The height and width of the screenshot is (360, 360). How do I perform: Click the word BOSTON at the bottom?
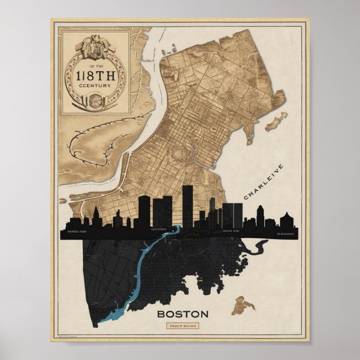[x=182, y=314]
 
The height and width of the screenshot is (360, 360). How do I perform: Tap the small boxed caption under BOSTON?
[x=182, y=326]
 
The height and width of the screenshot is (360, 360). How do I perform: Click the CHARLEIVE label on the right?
[x=264, y=182]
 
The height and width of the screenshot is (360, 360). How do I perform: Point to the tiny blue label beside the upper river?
[x=147, y=58]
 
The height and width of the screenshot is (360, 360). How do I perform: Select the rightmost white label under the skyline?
[x=285, y=230]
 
